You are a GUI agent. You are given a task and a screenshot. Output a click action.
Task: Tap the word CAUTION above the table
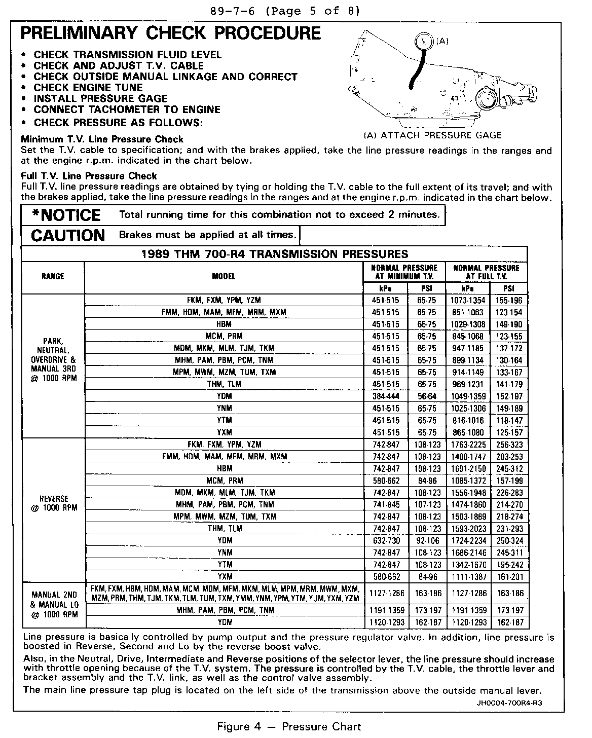pyautogui.click(x=68, y=235)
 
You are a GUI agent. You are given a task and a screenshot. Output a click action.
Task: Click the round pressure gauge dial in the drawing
pyautogui.click(x=422, y=42)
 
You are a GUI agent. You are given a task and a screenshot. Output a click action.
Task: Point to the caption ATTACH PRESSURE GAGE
pyautogui.click(x=432, y=135)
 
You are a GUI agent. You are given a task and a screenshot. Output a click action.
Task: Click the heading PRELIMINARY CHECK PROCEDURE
pyautogui.click(x=170, y=33)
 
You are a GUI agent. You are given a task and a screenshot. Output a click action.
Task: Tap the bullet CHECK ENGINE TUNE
pyautogui.click(x=88, y=87)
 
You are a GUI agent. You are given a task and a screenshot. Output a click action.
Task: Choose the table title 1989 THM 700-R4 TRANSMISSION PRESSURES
pyautogui.click(x=274, y=254)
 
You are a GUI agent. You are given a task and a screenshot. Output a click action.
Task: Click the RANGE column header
pyautogui.click(x=53, y=276)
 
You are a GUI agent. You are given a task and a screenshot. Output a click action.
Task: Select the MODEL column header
pyautogui.click(x=224, y=276)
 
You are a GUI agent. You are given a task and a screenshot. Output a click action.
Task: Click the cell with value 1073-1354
pyautogui.click(x=468, y=300)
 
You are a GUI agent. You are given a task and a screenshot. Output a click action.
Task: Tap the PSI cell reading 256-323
pyautogui.click(x=509, y=445)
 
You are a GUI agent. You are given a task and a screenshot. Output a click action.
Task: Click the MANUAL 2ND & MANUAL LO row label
pyautogui.click(x=54, y=605)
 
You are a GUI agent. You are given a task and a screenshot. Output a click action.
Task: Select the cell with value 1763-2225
pyautogui.click(x=468, y=445)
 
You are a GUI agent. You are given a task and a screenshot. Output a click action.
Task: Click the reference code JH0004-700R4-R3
pyautogui.click(x=512, y=703)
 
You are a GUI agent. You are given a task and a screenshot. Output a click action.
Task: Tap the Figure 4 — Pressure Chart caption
pyautogui.click(x=289, y=727)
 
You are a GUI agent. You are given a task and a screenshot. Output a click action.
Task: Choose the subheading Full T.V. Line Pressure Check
pyautogui.click(x=89, y=176)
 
